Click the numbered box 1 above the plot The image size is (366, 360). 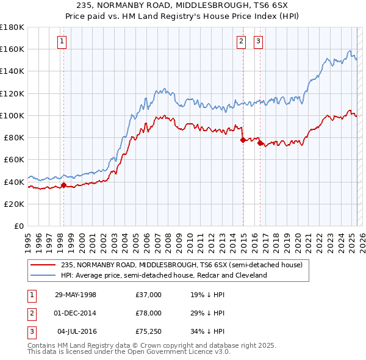[x=63, y=41]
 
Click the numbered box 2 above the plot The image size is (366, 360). [x=242, y=41]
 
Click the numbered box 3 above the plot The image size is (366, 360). [x=259, y=41]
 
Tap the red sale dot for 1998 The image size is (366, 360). [x=63, y=185]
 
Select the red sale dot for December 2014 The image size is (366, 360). [x=243, y=140]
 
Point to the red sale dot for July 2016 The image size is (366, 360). [x=260, y=143]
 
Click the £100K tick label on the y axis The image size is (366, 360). [x=12, y=115]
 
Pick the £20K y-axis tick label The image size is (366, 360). [x=14, y=204]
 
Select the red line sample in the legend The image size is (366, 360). [x=44, y=265]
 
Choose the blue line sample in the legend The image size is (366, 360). [x=44, y=275]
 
